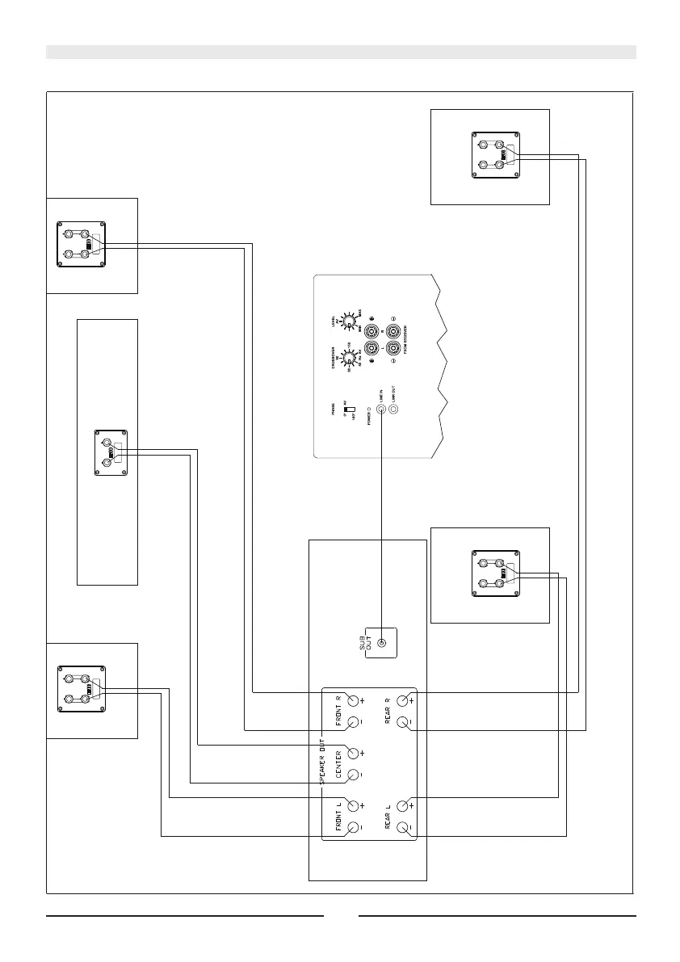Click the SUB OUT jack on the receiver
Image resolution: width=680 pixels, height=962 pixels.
pyautogui.click(x=382, y=644)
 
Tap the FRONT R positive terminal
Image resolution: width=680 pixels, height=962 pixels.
pyautogui.click(x=353, y=701)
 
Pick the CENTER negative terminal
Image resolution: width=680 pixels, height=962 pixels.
pyautogui.click(x=353, y=775)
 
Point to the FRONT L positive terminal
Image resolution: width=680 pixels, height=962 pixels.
pyautogui.click(x=353, y=806)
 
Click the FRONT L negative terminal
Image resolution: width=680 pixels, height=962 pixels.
pyautogui.click(x=353, y=828)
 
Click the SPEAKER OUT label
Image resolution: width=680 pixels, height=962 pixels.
pyautogui.click(x=321, y=762)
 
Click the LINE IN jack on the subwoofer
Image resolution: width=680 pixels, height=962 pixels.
pyautogui.click(x=382, y=410)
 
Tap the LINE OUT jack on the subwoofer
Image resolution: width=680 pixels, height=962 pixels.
pyautogui.click(x=394, y=410)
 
